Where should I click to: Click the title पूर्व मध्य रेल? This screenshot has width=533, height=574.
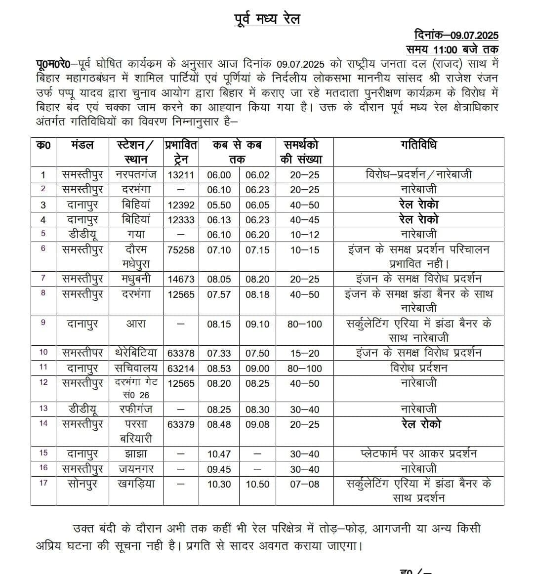click(x=267, y=19)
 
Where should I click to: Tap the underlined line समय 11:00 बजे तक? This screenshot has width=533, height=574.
click(x=452, y=49)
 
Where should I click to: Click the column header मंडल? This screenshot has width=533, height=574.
click(x=82, y=145)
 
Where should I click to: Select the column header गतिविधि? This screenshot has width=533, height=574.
click(x=418, y=145)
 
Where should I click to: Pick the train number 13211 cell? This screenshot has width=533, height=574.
click(x=181, y=175)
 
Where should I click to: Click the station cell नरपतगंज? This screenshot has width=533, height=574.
click(x=136, y=174)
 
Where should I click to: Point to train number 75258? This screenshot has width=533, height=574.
click(x=181, y=250)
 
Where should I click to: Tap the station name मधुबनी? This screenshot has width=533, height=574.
click(x=136, y=279)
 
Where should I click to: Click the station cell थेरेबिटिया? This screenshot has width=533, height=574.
click(x=136, y=353)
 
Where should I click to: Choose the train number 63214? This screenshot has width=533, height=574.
click(x=181, y=369)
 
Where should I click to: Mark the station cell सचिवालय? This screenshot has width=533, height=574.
click(x=136, y=368)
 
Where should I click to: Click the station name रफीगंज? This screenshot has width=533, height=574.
click(x=136, y=409)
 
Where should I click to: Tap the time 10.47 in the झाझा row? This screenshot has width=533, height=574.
click(x=219, y=454)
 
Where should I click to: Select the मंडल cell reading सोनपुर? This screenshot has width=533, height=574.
click(x=82, y=484)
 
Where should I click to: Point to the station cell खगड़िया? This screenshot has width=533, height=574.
click(x=136, y=484)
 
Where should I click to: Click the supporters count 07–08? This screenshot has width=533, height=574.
click(x=305, y=485)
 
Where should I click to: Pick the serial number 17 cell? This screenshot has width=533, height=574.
click(x=43, y=483)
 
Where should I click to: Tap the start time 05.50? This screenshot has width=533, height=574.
click(x=219, y=205)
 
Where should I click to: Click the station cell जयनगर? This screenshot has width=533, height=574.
click(x=136, y=469)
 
